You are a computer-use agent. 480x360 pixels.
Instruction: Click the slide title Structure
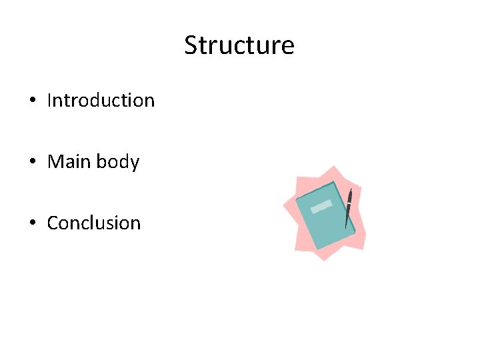pyautogui.click(x=239, y=45)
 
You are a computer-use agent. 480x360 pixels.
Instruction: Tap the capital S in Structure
pyautogui.click(x=191, y=45)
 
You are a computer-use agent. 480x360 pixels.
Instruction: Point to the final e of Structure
pyautogui.click(x=287, y=47)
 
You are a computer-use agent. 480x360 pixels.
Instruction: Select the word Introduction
pyautogui.click(x=101, y=101)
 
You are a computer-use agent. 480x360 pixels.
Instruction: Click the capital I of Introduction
pyautogui.click(x=50, y=101)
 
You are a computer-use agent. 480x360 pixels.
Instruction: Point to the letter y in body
pyautogui.click(x=135, y=164)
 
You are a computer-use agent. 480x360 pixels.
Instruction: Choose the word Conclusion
pyautogui.click(x=94, y=223)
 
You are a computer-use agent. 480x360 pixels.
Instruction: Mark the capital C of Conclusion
pyautogui.click(x=53, y=223)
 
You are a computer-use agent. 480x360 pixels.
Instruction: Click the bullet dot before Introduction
pyautogui.click(x=32, y=101)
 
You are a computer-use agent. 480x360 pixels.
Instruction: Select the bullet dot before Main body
pyautogui.click(x=32, y=163)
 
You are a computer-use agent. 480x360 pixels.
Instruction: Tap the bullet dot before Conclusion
pyautogui.click(x=32, y=223)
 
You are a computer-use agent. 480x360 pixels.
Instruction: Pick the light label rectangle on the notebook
pyautogui.click(x=321, y=207)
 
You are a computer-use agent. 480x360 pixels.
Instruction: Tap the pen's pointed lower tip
pyautogui.click(x=345, y=227)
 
